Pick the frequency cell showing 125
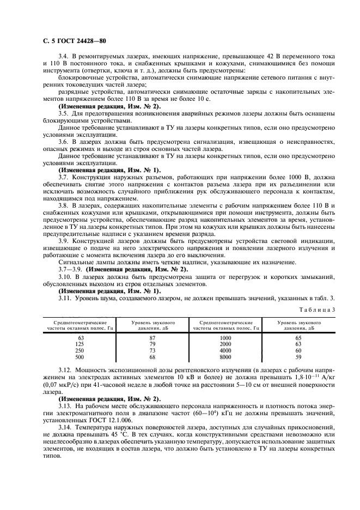click(x=80, y=344)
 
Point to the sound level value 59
click(x=298, y=357)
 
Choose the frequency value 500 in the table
click(x=80, y=357)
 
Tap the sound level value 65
click(x=298, y=338)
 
